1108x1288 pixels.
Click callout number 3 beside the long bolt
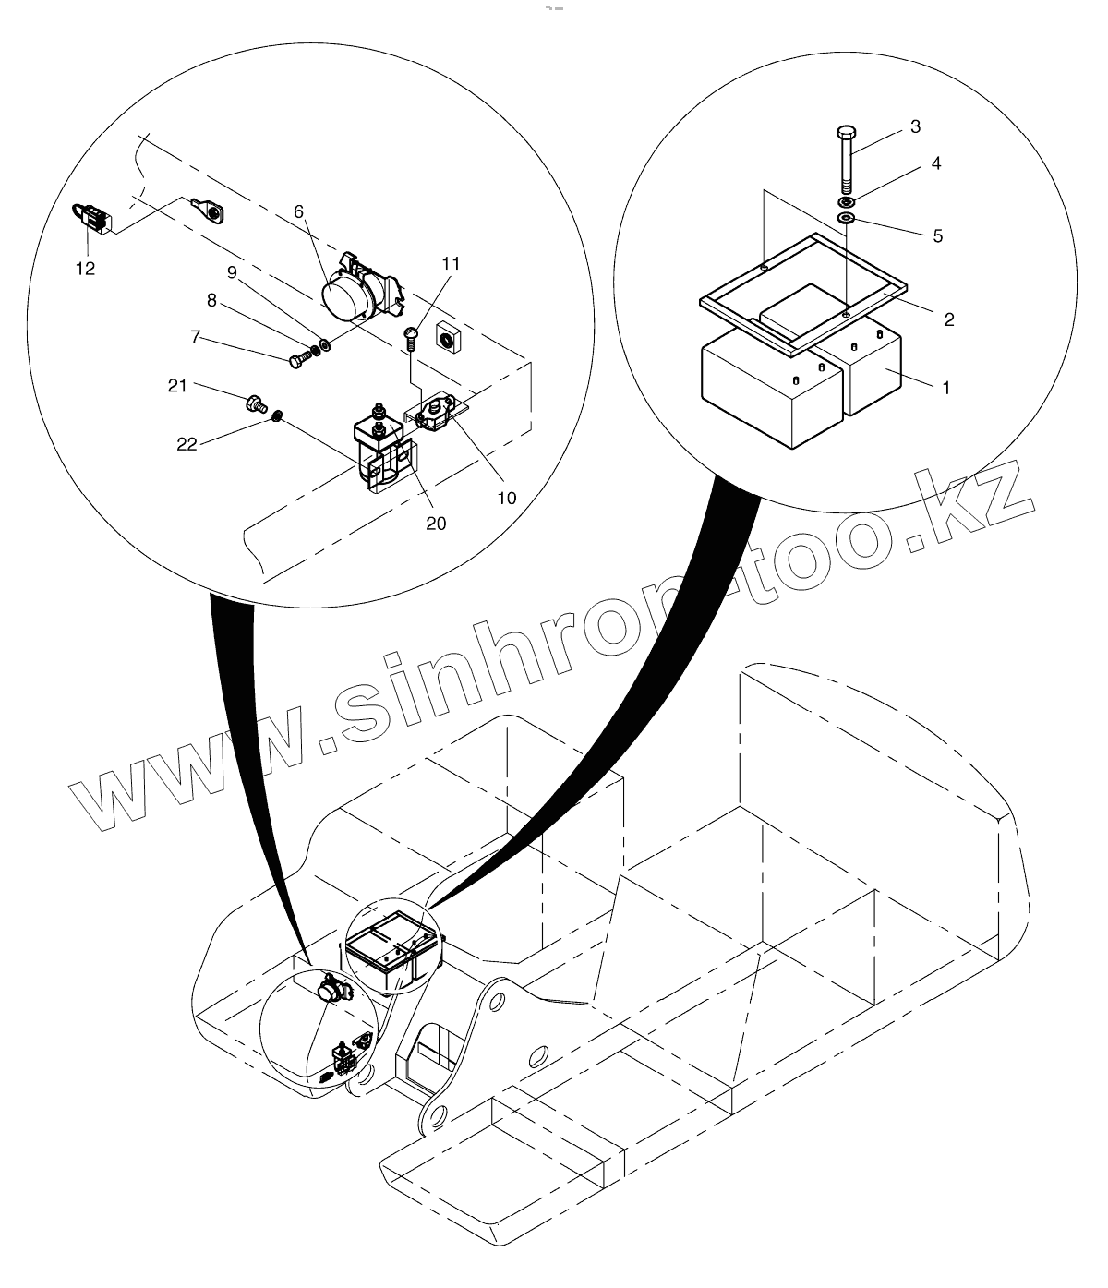point(915,127)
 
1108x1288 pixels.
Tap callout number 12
point(86,269)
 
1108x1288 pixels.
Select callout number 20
point(435,523)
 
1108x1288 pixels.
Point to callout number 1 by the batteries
point(945,388)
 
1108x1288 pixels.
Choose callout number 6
point(299,211)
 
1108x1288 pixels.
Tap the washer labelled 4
point(847,201)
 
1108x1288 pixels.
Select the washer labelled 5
point(847,218)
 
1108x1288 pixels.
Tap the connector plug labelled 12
point(90,219)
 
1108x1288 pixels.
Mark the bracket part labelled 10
point(439,411)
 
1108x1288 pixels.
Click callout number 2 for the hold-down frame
point(948,319)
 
